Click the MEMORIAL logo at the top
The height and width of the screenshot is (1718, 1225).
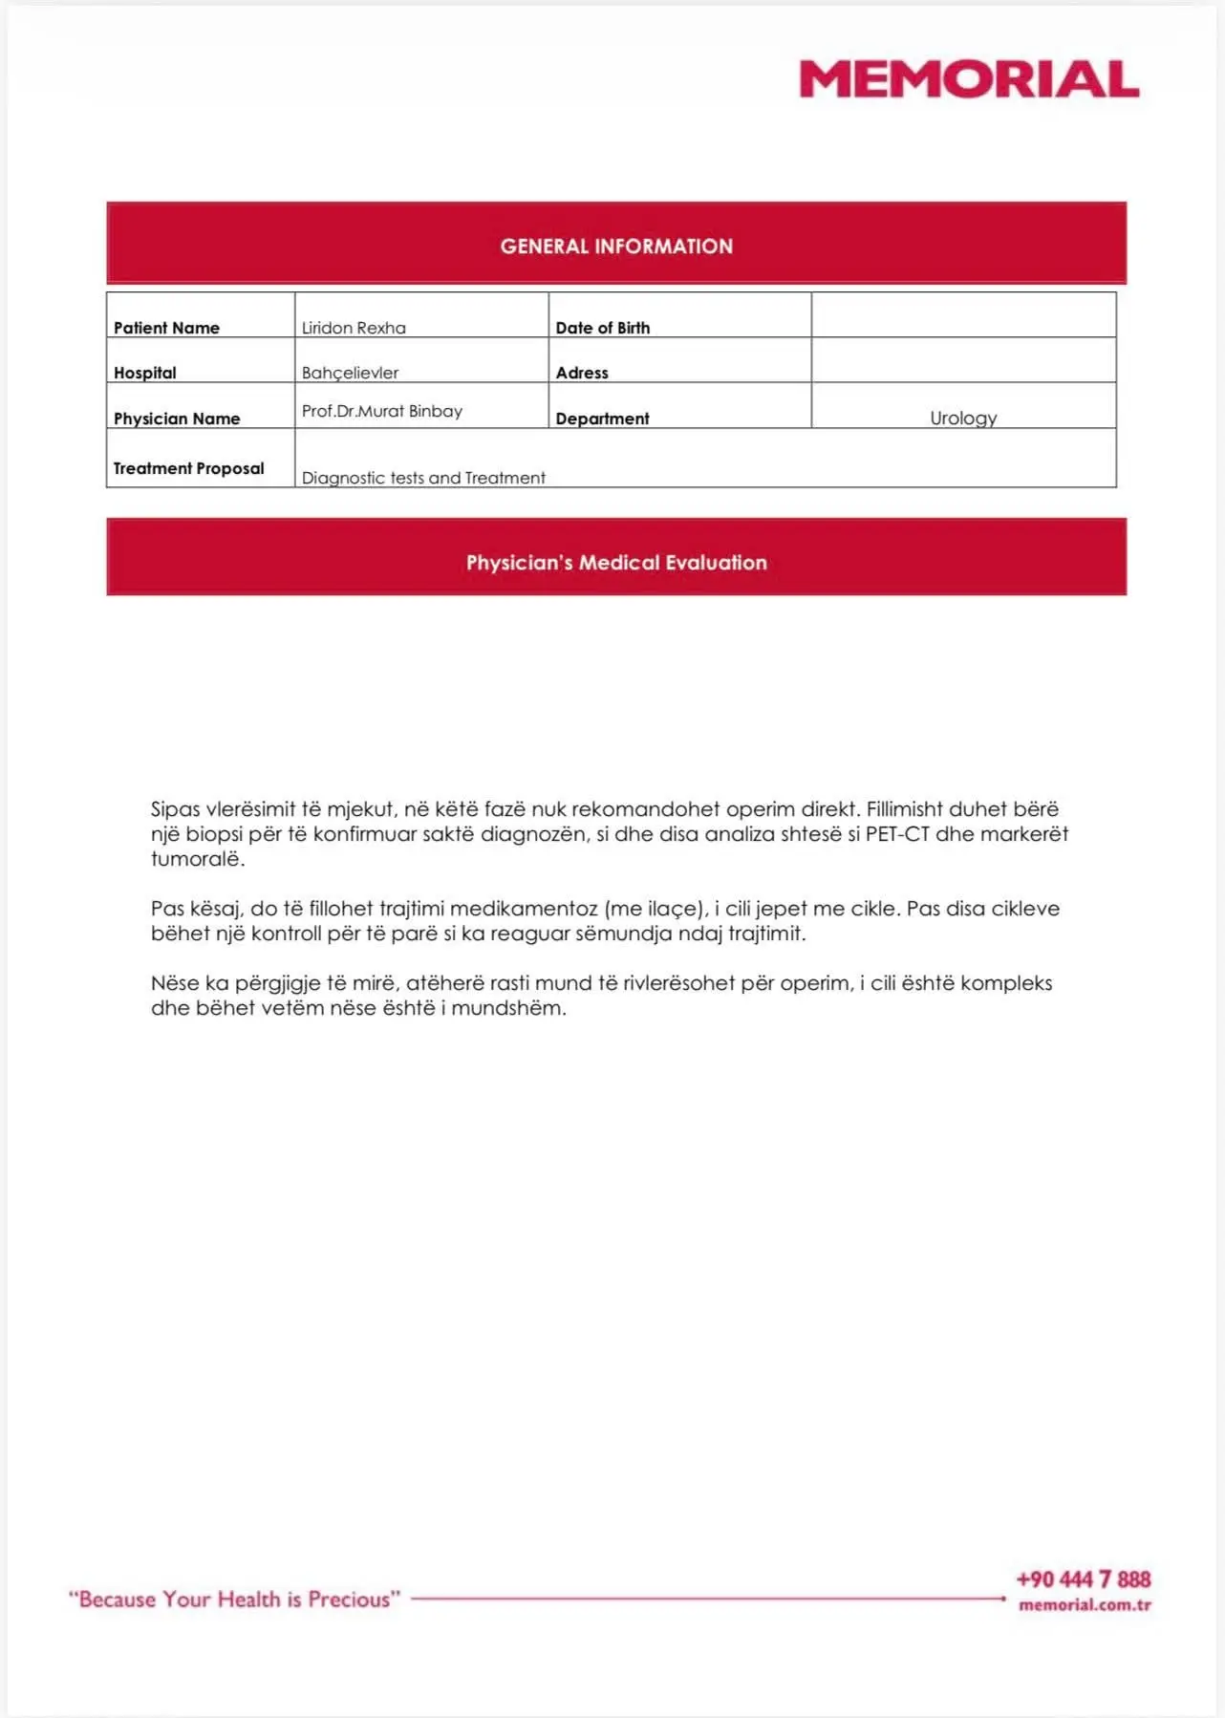point(969,79)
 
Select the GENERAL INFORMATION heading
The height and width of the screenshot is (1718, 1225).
point(616,247)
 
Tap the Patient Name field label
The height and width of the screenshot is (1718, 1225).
point(166,328)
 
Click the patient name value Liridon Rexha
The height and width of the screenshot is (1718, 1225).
point(354,328)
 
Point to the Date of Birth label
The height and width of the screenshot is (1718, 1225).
point(602,328)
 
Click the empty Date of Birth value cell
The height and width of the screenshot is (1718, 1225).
point(963,315)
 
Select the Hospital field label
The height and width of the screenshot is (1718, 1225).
point(145,373)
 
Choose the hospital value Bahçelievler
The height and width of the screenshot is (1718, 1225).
point(350,373)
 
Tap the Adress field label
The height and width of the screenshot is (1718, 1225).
point(582,373)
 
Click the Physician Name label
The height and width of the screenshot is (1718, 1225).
point(177,419)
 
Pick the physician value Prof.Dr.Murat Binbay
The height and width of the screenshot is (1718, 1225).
point(382,411)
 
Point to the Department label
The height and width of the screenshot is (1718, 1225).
point(602,419)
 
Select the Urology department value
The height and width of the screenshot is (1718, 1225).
point(963,418)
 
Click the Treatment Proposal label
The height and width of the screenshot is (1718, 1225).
point(188,468)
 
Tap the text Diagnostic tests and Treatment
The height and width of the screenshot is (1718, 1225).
point(423,478)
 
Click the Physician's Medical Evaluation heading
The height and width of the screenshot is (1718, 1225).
point(616,563)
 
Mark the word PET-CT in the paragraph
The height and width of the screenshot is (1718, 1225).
point(897,834)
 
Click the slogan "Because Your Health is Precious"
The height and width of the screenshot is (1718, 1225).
point(234,1600)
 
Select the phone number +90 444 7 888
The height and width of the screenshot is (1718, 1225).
point(1084,1579)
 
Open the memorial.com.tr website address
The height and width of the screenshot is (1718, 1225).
point(1085,1605)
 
